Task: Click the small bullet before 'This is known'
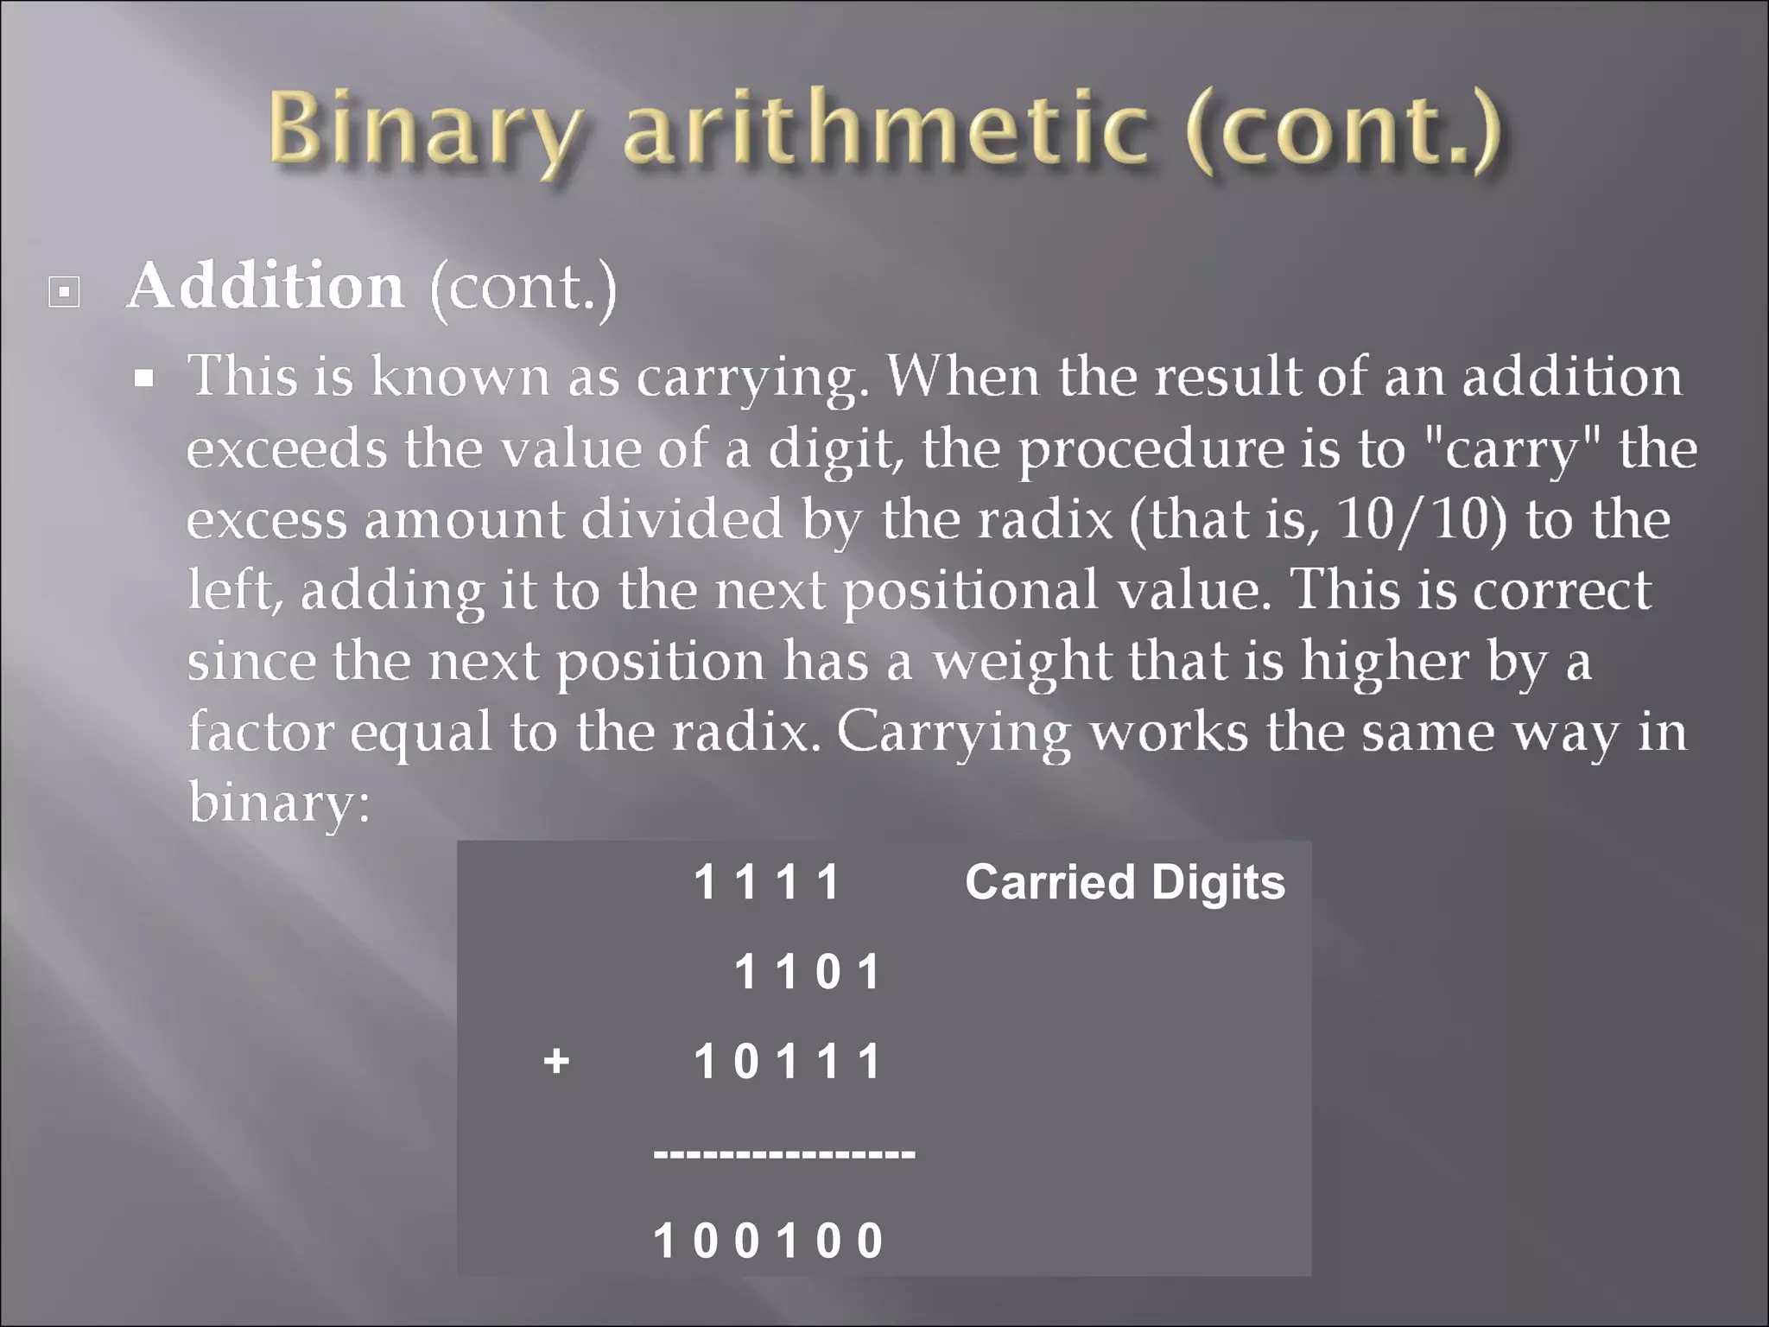[144, 378]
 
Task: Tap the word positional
[971, 591]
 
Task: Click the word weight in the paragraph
[1023, 662]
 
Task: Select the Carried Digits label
[1125, 882]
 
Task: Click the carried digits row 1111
[767, 883]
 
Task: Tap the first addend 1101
[807, 972]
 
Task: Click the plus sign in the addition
[556, 1060]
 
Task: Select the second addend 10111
[787, 1061]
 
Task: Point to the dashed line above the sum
[784, 1152]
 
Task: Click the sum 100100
[768, 1241]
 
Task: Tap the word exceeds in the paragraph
[287, 450]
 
